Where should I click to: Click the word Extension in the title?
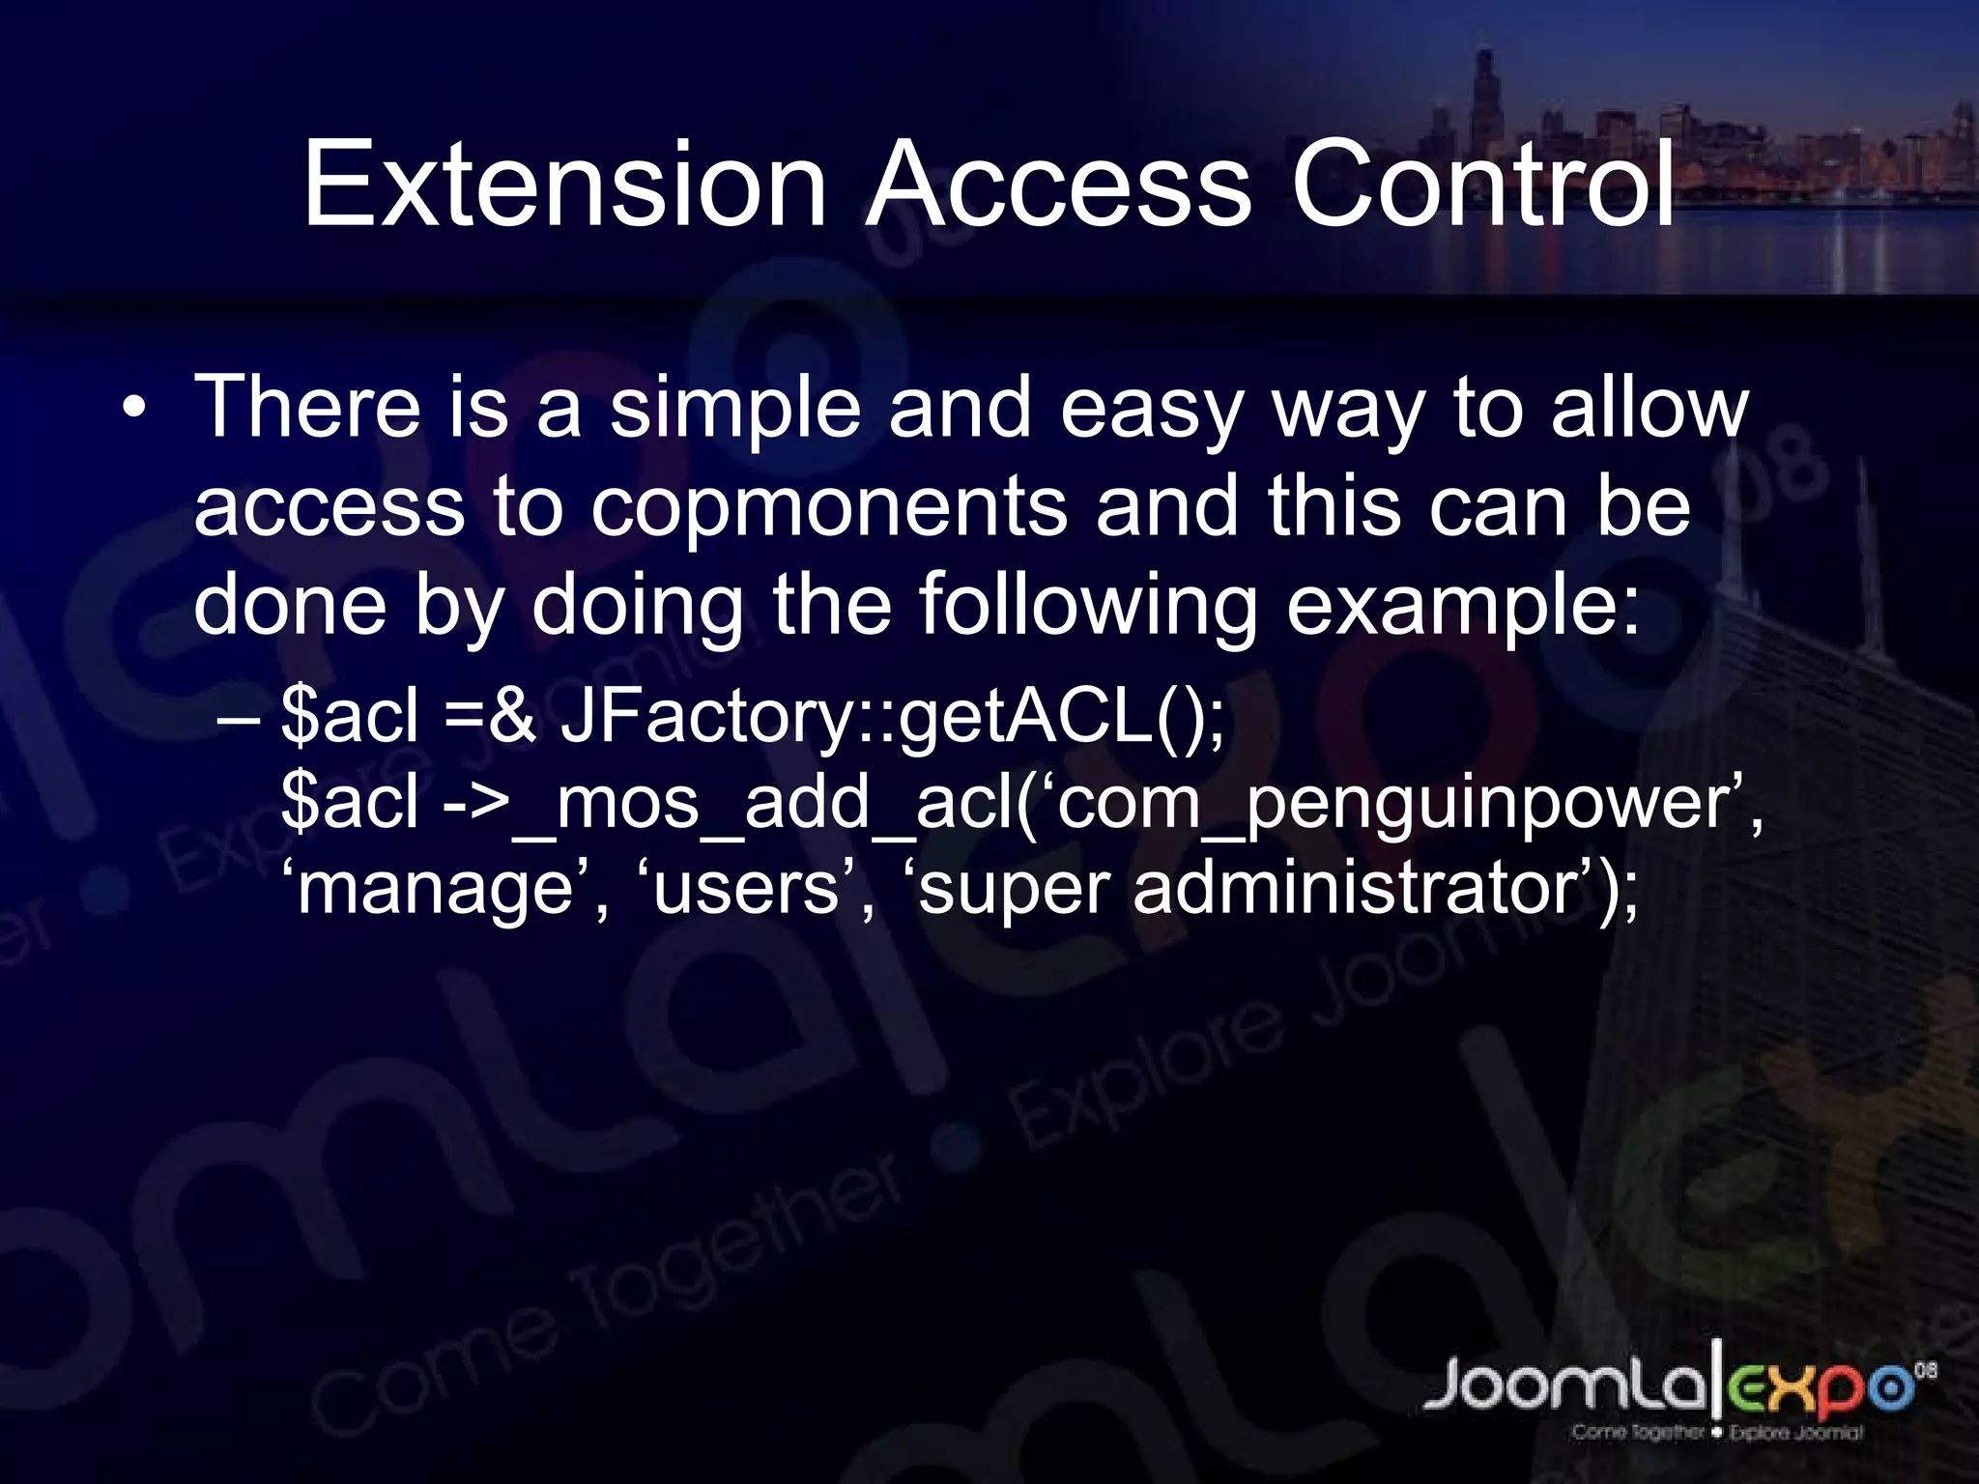pyautogui.click(x=565, y=185)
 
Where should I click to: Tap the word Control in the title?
pyautogui.click(x=1483, y=185)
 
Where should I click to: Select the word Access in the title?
pyautogui.click(x=1058, y=185)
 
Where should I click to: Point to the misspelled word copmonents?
pyautogui.click(x=829, y=508)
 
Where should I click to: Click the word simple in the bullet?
pyautogui.click(x=734, y=410)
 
